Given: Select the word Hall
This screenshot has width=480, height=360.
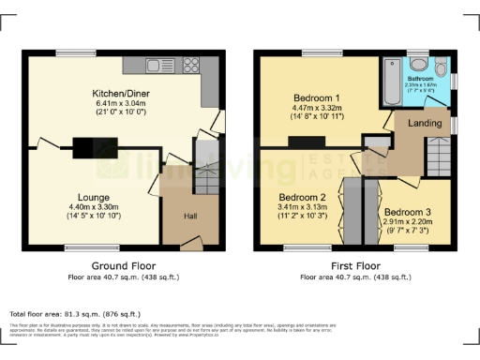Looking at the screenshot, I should click(x=189, y=217).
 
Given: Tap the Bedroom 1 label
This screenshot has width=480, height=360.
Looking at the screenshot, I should click(x=318, y=97).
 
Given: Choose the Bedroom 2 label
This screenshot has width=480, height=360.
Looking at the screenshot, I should click(x=301, y=197).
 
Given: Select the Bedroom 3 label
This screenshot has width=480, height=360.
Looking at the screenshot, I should click(x=406, y=213).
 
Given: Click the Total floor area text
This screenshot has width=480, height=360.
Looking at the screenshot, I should click(x=75, y=313).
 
